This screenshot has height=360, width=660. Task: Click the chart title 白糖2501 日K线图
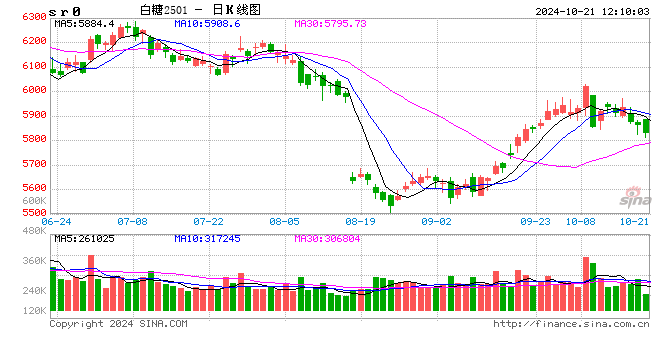[214, 9]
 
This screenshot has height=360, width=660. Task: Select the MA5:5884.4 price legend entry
[85, 23]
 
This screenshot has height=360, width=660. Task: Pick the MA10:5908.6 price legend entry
[209, 23]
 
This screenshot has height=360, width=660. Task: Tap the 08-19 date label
[360, 221]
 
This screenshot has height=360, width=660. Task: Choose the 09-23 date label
[536, 221]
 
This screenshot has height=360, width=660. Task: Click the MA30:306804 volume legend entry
[331, 238]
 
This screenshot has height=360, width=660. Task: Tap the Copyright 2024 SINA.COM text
[118, 324]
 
